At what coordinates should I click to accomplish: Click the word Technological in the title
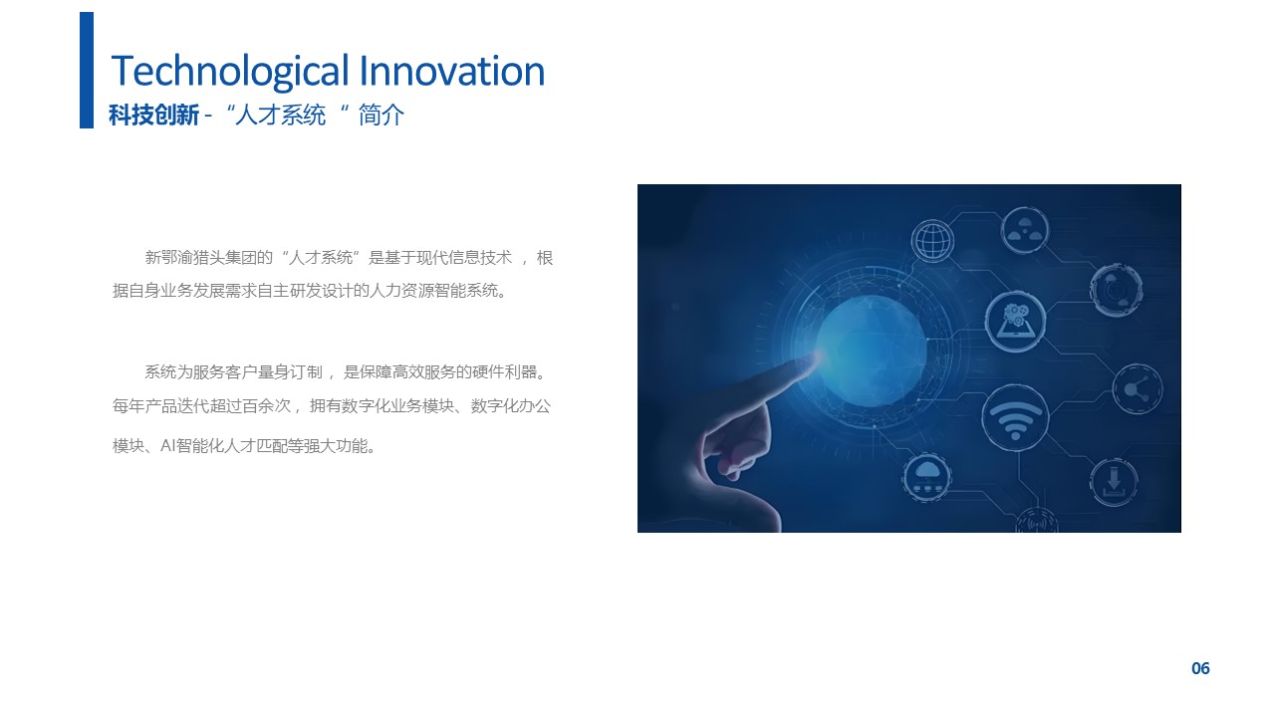(x=229, y=72)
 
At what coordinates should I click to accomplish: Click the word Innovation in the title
(x=452, y=71)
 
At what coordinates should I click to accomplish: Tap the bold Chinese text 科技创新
(x=153, y=115)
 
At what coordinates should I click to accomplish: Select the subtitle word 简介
(x=382, y=115)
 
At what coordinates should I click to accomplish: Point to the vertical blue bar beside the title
(x=87, y=70)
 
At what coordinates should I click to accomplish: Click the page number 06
(x=1200, y=668)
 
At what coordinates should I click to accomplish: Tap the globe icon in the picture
(x=932, y=241)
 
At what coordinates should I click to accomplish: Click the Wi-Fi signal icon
(x=1015, y=418)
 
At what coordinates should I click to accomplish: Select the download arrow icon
(x=1114, y=482)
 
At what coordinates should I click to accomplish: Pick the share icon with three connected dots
(x=1137, y=389)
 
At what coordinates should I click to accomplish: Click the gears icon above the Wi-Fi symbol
(x=1015, y=321)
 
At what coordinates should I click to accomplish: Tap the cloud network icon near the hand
(x=927, y=477)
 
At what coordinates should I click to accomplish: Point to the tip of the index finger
(x=819, y=358)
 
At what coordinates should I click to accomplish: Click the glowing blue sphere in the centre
(x=872, y=351)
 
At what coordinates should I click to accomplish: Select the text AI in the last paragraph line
(x=167, y=445)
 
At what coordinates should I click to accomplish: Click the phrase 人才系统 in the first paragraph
(x=321, y=258)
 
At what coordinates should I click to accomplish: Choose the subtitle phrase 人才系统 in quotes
(x=280, y=115)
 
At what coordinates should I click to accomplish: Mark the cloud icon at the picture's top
(x=1025, y=230)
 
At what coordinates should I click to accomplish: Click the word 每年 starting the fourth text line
(x=128, y=405)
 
